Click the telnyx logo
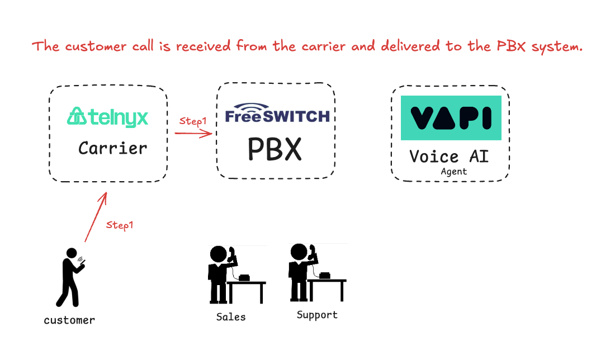(107, 117)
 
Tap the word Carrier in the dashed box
(112, 148)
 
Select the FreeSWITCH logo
(277, 113)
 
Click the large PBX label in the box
(275, 149)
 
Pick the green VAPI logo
(451, 118)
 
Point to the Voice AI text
(449, 156)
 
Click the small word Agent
(453, 172)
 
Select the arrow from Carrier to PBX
(193, 133)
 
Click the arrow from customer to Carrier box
(95, 218)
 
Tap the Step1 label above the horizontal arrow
(193, 120)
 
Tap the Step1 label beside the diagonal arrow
(120, 225)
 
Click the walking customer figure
(70, 277)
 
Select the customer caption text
(69, 320)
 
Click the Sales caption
(231, 317)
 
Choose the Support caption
(317, 315)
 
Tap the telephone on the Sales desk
(244, 277)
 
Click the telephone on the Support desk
(324, 275)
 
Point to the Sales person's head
(218, 254)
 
